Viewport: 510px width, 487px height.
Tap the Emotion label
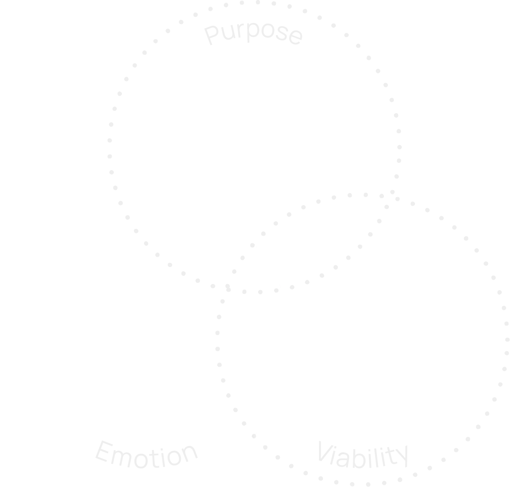(x=146, y=454)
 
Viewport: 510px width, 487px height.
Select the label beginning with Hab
(x=363, y=456)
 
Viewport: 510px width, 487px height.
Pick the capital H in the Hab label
(x=324, y=454)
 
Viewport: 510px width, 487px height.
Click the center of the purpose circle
(x=254, y=146)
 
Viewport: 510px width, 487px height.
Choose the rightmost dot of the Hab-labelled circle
(x=507, y=339)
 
